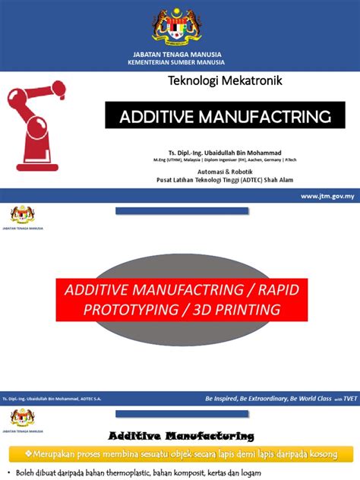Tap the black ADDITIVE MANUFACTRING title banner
(x=225, y=116)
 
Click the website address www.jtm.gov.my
(x=327, y=196)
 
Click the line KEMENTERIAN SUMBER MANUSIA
(x=179, y=62)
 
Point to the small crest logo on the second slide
(x=22, y=213)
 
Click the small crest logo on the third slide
(x=22, y=417)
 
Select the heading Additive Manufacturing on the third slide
(x=180, y=436)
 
